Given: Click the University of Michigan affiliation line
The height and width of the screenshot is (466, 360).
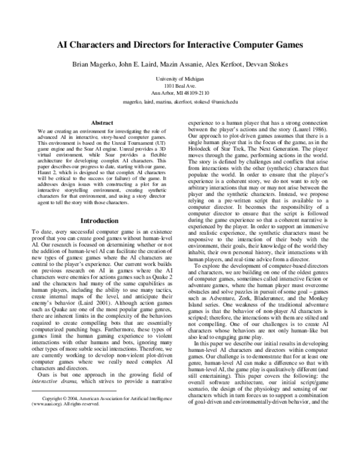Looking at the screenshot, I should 179,79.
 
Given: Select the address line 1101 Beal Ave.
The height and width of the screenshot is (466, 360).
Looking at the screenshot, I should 179,86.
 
